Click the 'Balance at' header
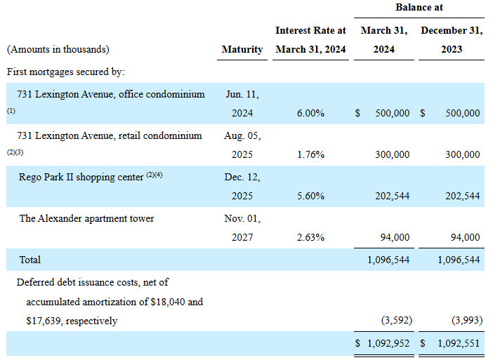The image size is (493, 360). tap(419, 7)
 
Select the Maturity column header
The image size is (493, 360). tap(242, 49)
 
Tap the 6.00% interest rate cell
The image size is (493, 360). tap(310, 113)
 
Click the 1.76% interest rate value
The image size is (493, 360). tap(310, 154)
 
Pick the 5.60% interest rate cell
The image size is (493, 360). tap(310, 196)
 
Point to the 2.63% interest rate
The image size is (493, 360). tap(310, 237)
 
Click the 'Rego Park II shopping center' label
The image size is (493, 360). tap(81, 177)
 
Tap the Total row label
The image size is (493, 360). tap(30, 260)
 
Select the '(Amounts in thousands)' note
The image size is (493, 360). tap(58, 49)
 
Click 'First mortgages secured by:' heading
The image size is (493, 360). tap(66, 72)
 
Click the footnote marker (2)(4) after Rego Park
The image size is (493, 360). tap(154, 175)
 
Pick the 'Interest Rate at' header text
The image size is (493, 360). tap(310, 30)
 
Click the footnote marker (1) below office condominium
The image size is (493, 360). tap(11, 111)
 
